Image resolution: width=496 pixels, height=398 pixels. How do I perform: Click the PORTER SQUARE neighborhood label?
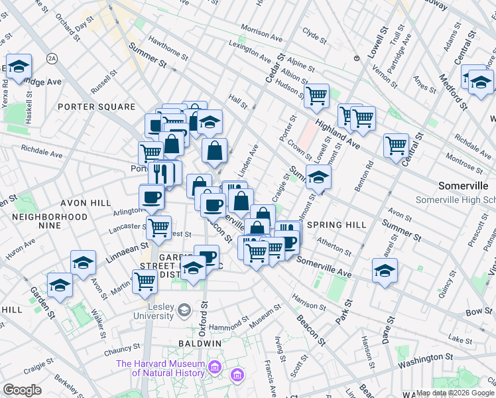point(96,107)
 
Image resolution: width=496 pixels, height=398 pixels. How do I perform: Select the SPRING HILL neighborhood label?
point(337,225)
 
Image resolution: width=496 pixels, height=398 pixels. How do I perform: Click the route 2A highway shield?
point(52,60)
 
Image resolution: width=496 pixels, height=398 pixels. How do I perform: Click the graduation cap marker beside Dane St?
point(385,270)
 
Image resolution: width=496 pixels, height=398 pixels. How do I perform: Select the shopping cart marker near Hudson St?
point(317,95)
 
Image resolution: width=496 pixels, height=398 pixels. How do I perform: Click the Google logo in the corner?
point(22,389)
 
